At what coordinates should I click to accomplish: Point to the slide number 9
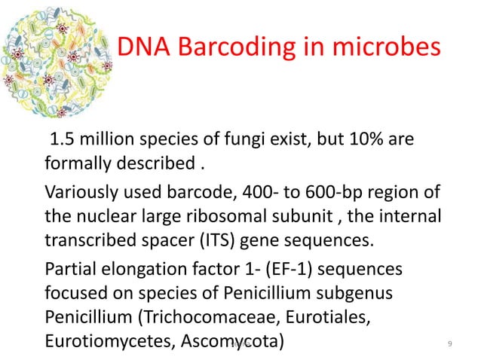449,344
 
